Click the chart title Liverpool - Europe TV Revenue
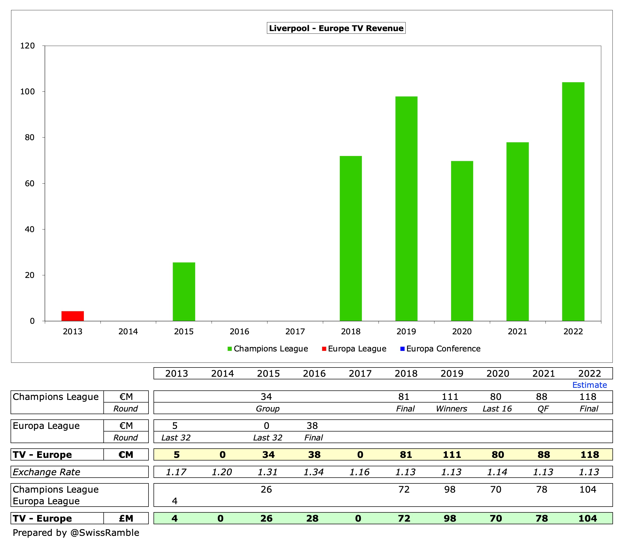[336, 28]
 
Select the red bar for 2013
[73, 316]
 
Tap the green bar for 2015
[184, 291]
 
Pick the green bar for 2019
[406, 208]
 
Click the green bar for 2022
[573, 202]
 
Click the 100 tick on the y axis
[27, 91]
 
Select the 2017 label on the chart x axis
[295, 331]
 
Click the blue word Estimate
[589, 385]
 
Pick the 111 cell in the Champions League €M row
[450, 397]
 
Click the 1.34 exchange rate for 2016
[313, 472]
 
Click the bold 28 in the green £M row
[312, 518]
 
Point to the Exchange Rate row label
[46, 472]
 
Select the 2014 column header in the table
[222, 374]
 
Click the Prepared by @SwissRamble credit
[76, 533]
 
